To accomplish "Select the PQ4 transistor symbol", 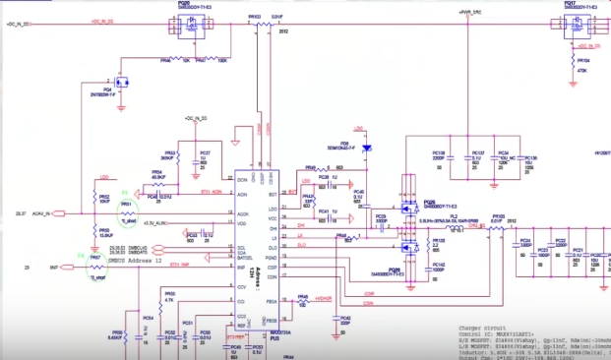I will [x=123, y=83].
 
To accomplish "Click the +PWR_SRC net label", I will [x=468, y=14].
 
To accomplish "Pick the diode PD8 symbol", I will [x=365, y=150].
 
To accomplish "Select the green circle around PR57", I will [x=95, y=267].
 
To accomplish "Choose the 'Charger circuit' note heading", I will [x=487, y=329].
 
